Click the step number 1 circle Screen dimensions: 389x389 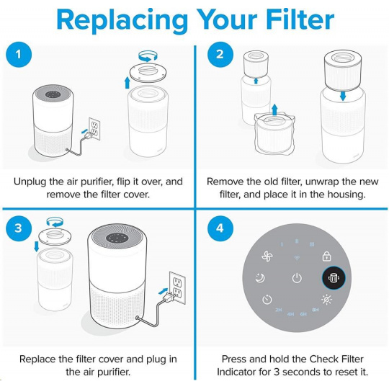coord(19,54)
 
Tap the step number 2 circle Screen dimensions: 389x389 coord(220,54)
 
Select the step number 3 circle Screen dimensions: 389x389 coord(19,228)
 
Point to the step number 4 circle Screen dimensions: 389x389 coord(220,228)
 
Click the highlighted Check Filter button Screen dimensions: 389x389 coord(334,278)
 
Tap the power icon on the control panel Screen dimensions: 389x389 coord(297,278)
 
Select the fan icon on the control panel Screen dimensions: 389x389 coord(267,256)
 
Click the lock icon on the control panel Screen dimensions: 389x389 coord(326,256)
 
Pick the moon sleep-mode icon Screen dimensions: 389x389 coord(260,278)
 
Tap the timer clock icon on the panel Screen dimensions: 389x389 coord(267,300)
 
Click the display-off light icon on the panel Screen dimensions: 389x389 coord(326,300)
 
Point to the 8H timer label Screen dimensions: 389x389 coord(316,310)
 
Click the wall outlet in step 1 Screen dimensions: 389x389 coord(94,129)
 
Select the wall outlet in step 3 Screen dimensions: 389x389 coord(177,287)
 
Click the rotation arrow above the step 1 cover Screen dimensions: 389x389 coord(148,56)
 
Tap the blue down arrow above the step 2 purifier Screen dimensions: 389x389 coord(343,96)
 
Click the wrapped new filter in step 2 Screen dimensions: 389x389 coord(274,135)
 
